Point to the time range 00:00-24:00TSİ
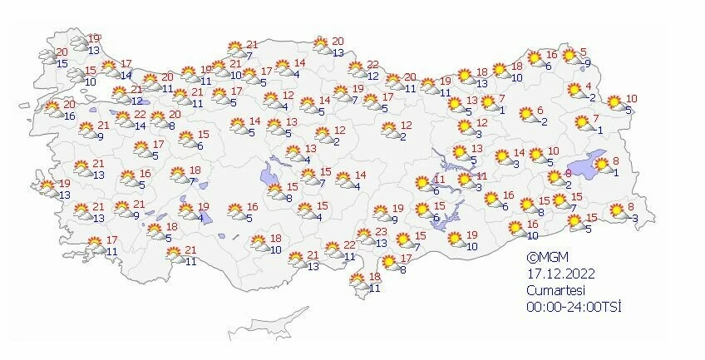coord(574,306)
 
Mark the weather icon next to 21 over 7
coord(233,49)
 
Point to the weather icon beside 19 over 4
coord(186,211)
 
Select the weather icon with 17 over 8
coord(387,264)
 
